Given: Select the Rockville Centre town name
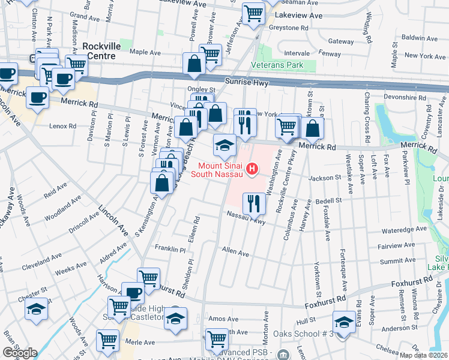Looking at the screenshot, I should tap(98, 50).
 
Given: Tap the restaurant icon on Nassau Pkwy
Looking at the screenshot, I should tap(255, 203).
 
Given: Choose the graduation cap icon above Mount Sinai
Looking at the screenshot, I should tap(224, 145).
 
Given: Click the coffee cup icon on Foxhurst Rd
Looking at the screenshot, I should tap(133, 293).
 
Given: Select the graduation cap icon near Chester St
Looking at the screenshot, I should tap(36, 309).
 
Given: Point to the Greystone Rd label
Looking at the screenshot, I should tap(288, 28).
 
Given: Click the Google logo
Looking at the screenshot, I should tap(20, 353).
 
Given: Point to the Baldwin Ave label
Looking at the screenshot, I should tap(421, 37).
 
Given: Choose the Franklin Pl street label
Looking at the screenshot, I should tap(171, 249).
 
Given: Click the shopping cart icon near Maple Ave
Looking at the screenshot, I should tap(211, 54).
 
